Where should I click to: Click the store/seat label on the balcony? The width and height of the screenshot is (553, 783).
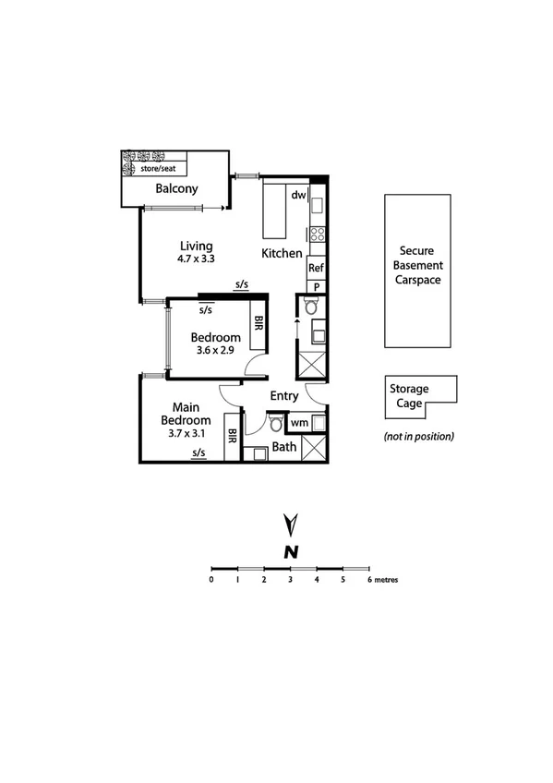[x=162, y=169]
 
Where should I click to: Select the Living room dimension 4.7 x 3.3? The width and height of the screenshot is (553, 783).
[x=196, y=259]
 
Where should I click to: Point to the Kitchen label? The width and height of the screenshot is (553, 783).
[x=282, y=253]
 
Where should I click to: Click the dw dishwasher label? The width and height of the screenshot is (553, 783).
[x=298, y=195]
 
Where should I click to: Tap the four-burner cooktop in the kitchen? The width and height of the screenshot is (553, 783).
[x=317, y=234]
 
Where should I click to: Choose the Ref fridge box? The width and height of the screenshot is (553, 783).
[x=316, y=269]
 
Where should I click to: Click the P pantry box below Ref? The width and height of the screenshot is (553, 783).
[x=316, y=286]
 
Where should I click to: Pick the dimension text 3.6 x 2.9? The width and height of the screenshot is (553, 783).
[x=216, y=351]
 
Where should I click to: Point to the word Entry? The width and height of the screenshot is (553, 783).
[x=283, y=396]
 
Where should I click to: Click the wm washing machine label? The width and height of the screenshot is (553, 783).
[x=298, y=423]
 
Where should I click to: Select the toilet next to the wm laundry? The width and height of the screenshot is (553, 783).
[x=275, y=424]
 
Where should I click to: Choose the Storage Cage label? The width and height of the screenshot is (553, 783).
[x=408, y=395]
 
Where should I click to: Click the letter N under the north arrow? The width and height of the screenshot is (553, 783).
[x=291, y=552]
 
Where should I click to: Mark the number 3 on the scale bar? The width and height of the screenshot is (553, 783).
[x=290, y=580]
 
